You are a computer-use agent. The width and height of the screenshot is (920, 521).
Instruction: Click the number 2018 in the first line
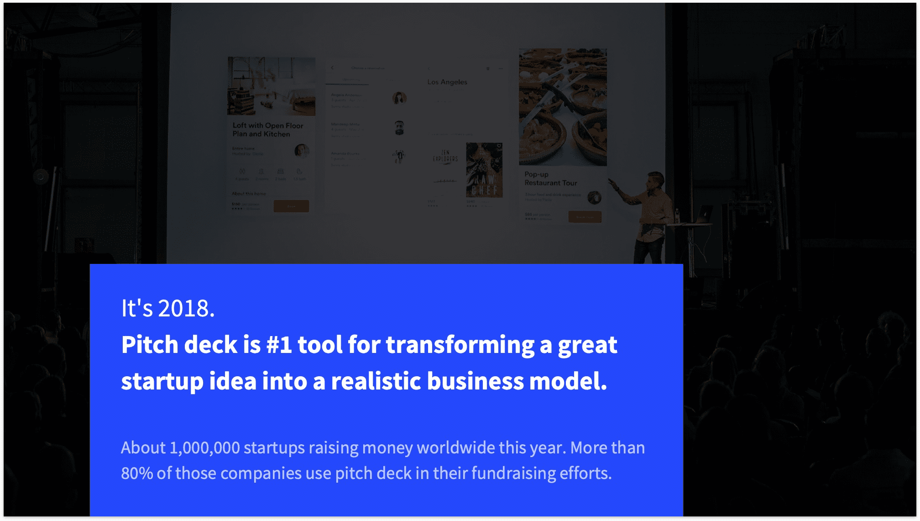point(186,309)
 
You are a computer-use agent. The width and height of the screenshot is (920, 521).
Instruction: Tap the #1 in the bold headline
point(279,345)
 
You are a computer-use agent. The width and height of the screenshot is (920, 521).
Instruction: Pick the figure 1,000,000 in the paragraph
point(204,448)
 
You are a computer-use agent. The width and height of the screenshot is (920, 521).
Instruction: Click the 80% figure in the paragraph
point(136,474)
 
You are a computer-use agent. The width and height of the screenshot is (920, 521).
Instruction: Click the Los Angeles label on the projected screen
point(447,82)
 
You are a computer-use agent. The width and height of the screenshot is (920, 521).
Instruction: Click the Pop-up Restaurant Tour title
point(550,179)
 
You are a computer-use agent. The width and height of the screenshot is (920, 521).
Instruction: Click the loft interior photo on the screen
point(272,86)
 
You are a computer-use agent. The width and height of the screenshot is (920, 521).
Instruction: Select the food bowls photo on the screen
point(563,107)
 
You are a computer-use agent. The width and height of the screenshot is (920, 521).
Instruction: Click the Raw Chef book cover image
point(484,170)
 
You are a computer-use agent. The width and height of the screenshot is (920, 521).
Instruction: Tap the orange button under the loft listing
point(291,206)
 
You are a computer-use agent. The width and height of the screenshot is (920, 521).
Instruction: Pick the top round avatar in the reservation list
point(399,98)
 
